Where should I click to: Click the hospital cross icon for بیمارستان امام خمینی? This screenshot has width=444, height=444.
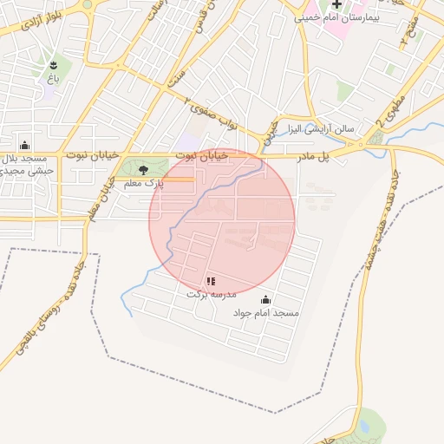336,4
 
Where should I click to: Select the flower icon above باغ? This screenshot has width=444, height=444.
55,64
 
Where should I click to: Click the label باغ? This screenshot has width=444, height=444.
54,78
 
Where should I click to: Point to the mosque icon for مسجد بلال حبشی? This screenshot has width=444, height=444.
24,145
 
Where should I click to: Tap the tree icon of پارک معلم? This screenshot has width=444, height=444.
143,170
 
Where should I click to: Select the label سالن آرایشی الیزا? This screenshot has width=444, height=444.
322,128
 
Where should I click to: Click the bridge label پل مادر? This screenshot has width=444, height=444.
315,156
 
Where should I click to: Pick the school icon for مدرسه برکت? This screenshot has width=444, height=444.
211,281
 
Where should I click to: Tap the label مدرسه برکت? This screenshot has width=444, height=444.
210,294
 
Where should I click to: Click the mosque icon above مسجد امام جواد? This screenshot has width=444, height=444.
265,300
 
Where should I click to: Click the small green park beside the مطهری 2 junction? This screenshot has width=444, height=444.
375,138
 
